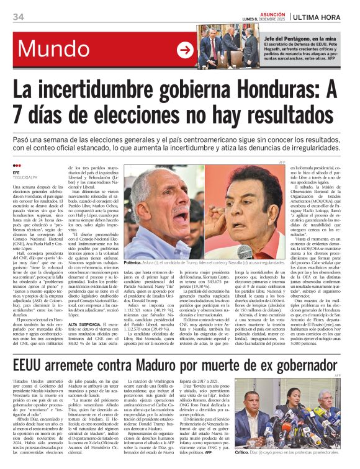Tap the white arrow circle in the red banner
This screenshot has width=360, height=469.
point(185,50)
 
